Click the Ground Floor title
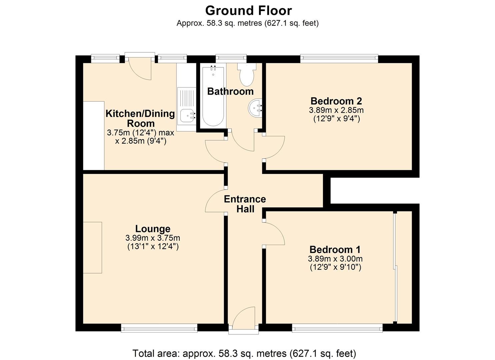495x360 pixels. pyautogui.click(x=248, y=11)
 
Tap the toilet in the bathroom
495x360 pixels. pyautogui.click(x=247, y=74)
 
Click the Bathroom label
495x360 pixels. pyautogui.click(x=230, y=91)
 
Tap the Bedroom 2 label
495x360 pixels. pyautogui.click(x=336, y=101)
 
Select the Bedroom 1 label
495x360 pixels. pyautogui.click(x=335, y=250)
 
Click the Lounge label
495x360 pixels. pyautogui.click(x=153, y=229)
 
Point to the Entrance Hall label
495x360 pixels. pyautogui.click(x=245, y=204)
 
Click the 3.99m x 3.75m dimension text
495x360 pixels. pyautogui.click(x=153, y=238)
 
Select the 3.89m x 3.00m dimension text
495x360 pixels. pyautogui.click(x=335, y=259)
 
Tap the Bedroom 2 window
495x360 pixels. pyautogui.click(x=339, y=58)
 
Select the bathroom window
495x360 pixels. pyautogui.click(x=231, y=58)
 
